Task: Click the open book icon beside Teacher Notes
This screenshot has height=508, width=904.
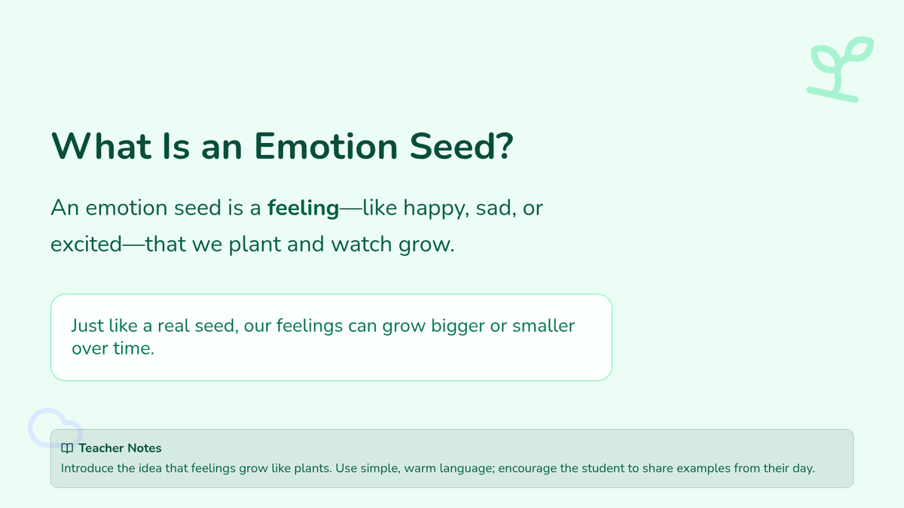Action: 67,449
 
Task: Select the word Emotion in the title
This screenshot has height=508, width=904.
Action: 326,146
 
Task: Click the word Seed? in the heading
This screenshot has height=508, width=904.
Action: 461,146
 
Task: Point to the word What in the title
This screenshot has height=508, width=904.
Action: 101,146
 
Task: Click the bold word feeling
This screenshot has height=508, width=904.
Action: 303,208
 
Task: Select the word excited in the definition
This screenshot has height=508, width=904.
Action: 86,245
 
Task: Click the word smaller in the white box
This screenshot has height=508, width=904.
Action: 543,326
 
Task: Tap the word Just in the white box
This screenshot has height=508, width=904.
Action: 87,326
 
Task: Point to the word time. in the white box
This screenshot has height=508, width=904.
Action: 133,348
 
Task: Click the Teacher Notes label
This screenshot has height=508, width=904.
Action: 120,448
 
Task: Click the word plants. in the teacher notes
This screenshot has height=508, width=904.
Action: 313,469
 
